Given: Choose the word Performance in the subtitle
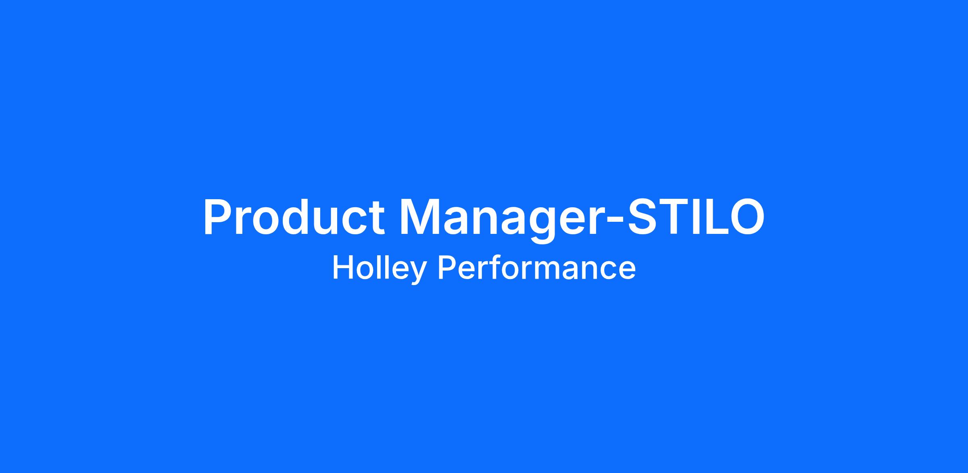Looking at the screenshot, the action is click(537, 268).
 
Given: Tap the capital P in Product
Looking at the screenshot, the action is click(219, 217).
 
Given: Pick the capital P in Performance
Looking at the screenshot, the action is click(447, 268).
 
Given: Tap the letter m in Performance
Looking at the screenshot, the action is click(549, 271).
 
